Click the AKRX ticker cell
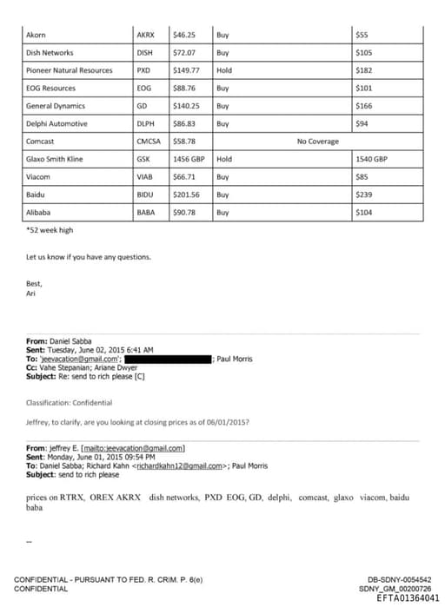(x=145, y=36)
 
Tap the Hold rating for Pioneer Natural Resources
(x=224, y=70)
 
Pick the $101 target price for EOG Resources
(x=364, y=88)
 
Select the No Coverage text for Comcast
(x=318, y=141)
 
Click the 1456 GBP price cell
(x=189, y=159)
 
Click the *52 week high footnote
(x=50, y=230)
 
